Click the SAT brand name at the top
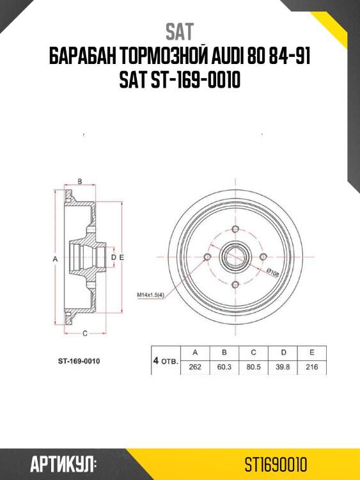tap(180, 31)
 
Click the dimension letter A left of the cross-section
tap(56, 259)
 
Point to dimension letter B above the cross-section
tap(80, 182)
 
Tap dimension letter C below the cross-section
tap(85, 333)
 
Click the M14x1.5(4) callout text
tap(151, 294)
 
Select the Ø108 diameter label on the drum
tap(272, 272)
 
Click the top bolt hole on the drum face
tap(235, 230)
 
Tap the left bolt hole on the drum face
tap(207, 257)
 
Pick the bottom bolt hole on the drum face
tap(235, 285)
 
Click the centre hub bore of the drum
tap(235, 257)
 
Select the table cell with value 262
tap(195, 367)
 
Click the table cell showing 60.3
tap(224, 367)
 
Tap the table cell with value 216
tap(311, 367)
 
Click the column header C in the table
tap(253, 352)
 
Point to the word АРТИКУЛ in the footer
tap(63, 463)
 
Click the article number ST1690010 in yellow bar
tap(277, 463)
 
